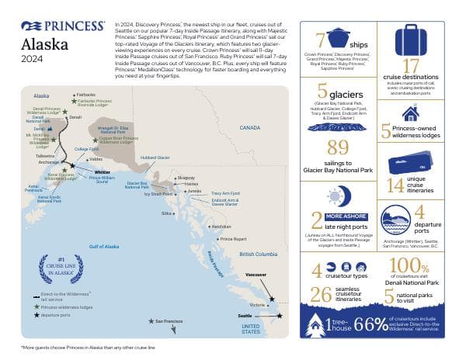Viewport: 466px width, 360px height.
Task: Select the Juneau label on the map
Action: pos(195,191)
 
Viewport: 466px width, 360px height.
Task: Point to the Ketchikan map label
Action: pos(221,227)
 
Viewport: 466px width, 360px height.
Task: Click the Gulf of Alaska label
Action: pos(104,247)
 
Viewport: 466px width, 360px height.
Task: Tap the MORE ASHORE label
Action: pos(347,216)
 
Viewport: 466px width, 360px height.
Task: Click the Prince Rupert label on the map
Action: pos(234,239)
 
